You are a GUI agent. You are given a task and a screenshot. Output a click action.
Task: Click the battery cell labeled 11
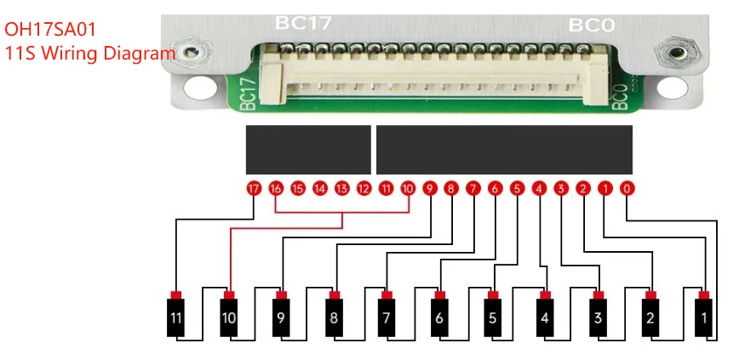[176, 318]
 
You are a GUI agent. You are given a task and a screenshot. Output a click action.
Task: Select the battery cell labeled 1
[704, 318]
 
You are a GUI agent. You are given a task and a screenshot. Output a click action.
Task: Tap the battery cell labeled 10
[229, 318]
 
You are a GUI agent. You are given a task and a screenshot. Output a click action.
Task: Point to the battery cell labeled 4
[546, 318]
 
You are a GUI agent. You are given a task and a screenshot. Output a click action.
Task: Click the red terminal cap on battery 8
[335, 294]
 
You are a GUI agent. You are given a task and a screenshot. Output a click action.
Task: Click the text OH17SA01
[50, 29]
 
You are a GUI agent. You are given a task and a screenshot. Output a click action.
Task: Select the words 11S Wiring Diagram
[89, 53]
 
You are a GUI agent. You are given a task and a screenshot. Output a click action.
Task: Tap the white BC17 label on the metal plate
[303, 23]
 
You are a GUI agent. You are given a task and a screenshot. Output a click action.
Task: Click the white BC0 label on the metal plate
[591, 25]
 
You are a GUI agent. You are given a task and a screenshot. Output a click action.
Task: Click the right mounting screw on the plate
[676, 52]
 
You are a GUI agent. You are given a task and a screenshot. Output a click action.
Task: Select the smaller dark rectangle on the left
[308, 150]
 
